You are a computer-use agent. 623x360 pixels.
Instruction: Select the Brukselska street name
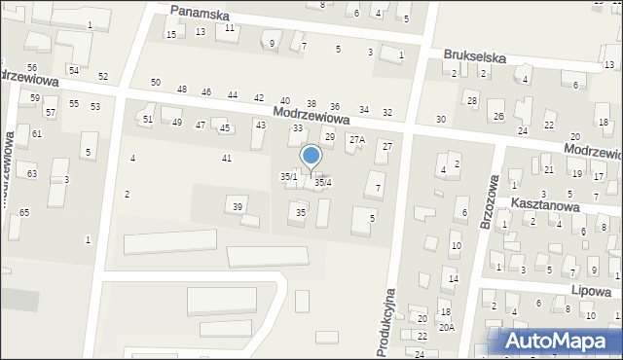[x=474, y=57]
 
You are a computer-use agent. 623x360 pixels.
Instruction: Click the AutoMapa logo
[x=558, y=341]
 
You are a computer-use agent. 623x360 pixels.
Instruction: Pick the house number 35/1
[x=288, y=176]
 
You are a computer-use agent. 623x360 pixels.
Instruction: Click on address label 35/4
[x=322, y=182]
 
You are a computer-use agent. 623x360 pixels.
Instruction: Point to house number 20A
[x=446, y=328]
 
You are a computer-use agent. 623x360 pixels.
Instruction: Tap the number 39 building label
[x=237, y=205]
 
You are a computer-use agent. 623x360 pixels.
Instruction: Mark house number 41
[x=227, y=158]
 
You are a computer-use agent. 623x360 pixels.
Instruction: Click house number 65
[x=24, y=212]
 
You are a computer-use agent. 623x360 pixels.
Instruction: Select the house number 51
[x=148, y=120]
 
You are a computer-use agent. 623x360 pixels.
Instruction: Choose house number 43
[x=260, y=125]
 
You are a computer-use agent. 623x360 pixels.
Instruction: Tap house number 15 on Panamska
[x=170, y=35]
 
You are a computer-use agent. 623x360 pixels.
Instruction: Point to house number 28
[x=472, y=101]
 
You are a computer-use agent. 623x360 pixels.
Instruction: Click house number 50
[x=156, y=82]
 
